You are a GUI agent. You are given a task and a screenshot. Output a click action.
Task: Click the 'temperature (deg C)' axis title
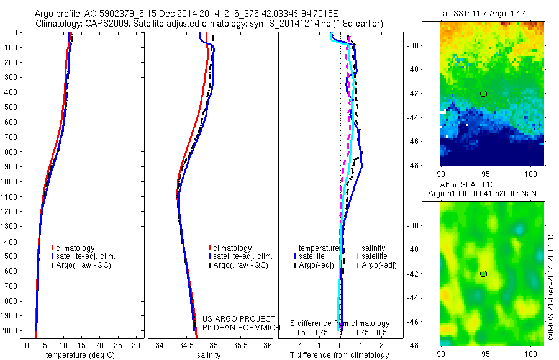(x=78, y=355)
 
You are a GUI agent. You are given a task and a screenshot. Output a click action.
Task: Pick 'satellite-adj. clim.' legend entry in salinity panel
(x=242, y=256)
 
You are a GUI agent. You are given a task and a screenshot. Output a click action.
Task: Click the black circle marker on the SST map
(x=483, y=93)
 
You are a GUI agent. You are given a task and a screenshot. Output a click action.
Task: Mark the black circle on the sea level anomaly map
(x=483, y=273)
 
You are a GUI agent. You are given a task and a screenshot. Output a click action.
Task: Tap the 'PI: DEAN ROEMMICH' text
(x=238, y=327)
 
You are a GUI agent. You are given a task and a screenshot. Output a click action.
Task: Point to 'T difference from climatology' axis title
(x=340, y=355)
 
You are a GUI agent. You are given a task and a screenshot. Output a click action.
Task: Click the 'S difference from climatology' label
(x=340, y=323)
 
